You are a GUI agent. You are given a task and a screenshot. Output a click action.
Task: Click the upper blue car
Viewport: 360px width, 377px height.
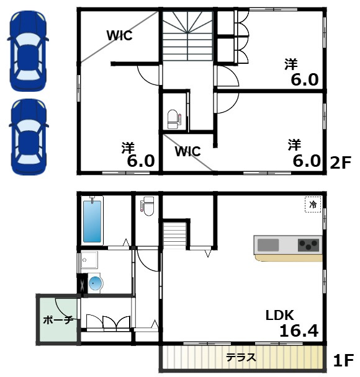(x=28, y=51)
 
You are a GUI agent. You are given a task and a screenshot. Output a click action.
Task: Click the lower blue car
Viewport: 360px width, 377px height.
(x=29, y=136)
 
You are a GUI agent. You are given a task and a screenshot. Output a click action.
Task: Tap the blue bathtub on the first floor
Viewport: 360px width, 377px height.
(x=92, y=221)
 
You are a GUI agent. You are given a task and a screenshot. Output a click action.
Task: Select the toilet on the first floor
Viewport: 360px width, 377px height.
(x=147, y=206)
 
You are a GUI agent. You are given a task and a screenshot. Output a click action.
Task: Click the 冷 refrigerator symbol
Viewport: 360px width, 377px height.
(x=313, y=205)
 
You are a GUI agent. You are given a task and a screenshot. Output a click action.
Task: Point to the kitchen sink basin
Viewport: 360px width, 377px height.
(x=268, y=245)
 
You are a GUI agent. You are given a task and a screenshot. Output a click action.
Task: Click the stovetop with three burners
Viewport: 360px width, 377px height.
(x=308, y=245)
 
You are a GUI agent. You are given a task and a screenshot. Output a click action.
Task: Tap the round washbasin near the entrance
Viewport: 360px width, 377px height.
(x=96, y=283)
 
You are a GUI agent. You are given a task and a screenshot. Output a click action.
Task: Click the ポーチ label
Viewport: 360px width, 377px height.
(x=58, y=320)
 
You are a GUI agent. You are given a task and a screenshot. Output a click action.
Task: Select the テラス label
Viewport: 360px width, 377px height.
(x=241, y=358)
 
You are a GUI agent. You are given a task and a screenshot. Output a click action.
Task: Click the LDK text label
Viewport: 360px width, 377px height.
(x=280, y=315)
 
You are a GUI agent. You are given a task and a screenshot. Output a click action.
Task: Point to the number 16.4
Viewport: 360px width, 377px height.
(x=299, y=330)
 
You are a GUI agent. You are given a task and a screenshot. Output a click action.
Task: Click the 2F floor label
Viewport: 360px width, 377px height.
(x=341, y=163)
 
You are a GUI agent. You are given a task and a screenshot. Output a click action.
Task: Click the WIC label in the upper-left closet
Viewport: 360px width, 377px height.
(x=120, y=35)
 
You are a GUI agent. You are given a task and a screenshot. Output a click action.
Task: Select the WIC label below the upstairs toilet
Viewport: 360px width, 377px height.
(x=188, y=151)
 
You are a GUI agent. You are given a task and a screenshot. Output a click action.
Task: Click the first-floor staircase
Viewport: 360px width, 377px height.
(x=175, y=236)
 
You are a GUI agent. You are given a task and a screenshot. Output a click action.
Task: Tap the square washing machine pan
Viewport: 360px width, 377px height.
(x=89, y=260)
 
